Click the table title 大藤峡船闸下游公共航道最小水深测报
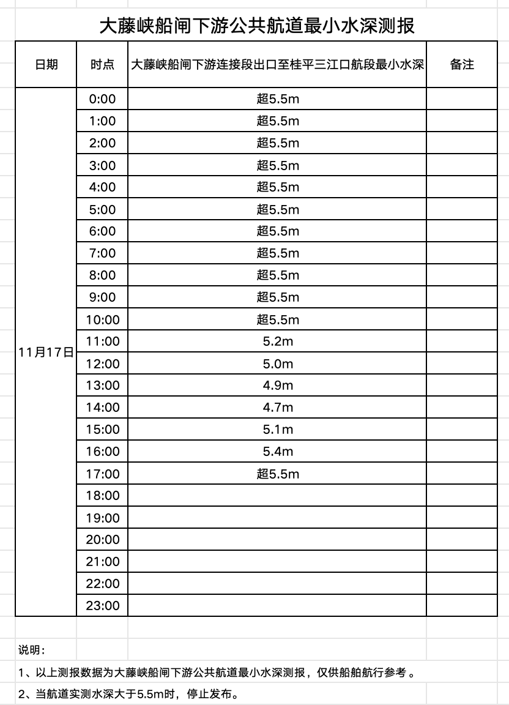coord(257,26)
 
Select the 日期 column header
coord(46,64)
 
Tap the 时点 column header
coord(102,64)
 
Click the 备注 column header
coord(462,64)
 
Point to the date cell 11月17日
coord(46,352)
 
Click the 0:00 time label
coord(102,99)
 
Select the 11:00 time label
coord(103,341)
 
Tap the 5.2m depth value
coord(278,341)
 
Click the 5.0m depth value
coord(278,364)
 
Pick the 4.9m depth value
coord(278,386)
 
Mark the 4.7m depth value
coord(278,408)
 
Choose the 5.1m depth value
coord(278,430)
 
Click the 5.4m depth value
coord(278,452)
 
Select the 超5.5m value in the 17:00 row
coord(278,474)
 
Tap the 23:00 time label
coord(103,606)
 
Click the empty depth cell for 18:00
coord(277,496)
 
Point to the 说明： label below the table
coord(32,649)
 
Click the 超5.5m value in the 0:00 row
coord(278,99)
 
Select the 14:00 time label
coord(103,408)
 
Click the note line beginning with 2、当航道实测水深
coord(128,694)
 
